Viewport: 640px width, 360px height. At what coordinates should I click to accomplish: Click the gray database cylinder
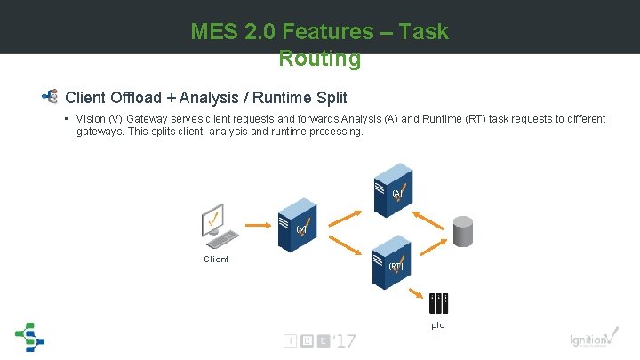(x=463, y=230)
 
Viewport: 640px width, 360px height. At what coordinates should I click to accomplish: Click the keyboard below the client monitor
(x=221, y=240)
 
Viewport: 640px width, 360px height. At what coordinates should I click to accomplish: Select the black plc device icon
(x=438, y=303)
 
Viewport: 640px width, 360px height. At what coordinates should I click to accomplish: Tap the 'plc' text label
(x=438, y=325)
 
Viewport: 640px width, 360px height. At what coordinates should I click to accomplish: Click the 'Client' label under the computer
(x=216, y=260)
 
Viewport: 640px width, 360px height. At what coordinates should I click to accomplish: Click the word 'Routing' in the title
(x=319, y=60)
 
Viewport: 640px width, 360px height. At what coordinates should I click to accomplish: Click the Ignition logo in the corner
(x=591, y=340)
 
